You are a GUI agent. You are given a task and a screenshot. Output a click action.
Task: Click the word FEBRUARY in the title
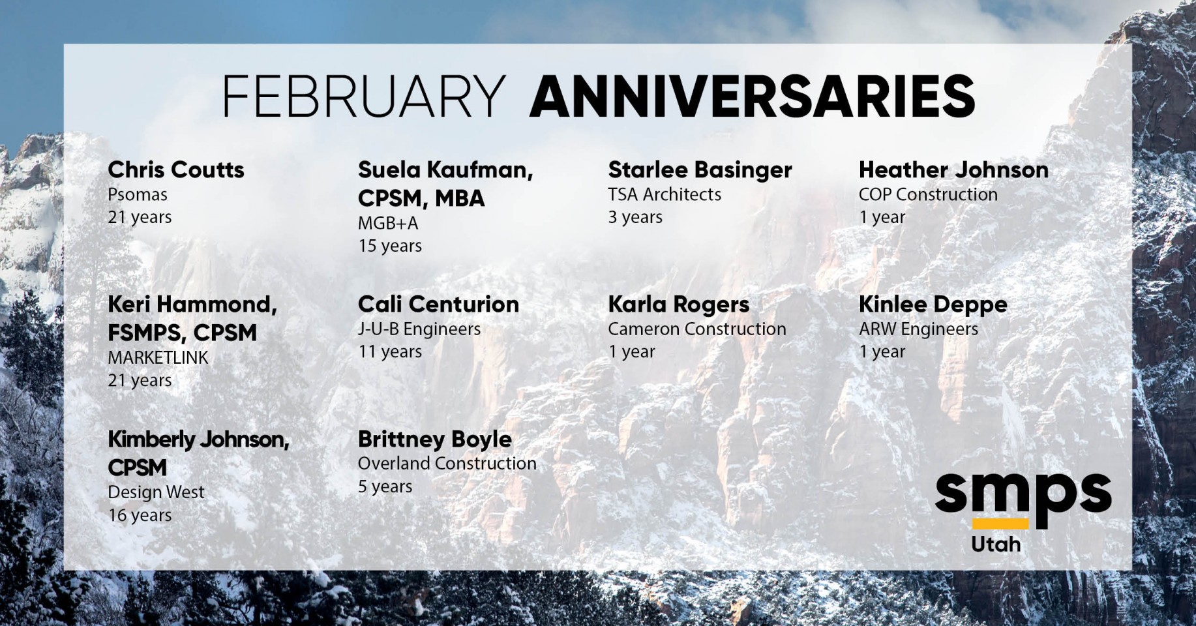click(x=364, y=96)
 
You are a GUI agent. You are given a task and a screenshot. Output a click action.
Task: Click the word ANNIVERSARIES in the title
click(x=752, y=96)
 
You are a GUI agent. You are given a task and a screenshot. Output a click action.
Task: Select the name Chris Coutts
click(x=176, y=170)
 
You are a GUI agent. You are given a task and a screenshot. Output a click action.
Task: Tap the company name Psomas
click(x=138, y=194)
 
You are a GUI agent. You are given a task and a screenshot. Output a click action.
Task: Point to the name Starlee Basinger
click(x=700, y=170)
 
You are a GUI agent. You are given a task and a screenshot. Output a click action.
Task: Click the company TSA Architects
click(x=665, y=194)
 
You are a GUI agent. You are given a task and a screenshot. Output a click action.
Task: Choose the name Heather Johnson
click(x=953, y=170)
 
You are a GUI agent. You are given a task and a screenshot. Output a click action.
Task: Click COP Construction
click(x=928, y=194)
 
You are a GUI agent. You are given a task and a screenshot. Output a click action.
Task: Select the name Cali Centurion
click(x=438, y=304)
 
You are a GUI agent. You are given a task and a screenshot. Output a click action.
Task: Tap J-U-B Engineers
click(x=419, y=329)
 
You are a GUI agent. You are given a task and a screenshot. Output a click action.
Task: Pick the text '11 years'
click(x=390, y=351)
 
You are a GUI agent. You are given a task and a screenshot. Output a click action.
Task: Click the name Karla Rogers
click(x=679, y=305)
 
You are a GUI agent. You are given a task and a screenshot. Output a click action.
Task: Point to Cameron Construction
click(x=697, y=329)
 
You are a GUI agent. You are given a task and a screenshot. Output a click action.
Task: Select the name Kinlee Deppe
click(x=933, y=305)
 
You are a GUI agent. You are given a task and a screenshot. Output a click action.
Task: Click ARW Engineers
click(x=918, y=329)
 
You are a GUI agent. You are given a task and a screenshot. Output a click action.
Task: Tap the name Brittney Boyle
click(x=435, y=440)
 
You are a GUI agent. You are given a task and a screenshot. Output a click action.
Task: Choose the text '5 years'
click(x=385, y=486)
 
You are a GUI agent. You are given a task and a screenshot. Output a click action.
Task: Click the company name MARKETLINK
click(x=158, y=357)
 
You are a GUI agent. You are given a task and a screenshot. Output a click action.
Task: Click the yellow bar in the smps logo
click(x=1000, y=524)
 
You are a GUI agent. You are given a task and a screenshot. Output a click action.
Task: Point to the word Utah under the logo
click(x=996, y=544)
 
